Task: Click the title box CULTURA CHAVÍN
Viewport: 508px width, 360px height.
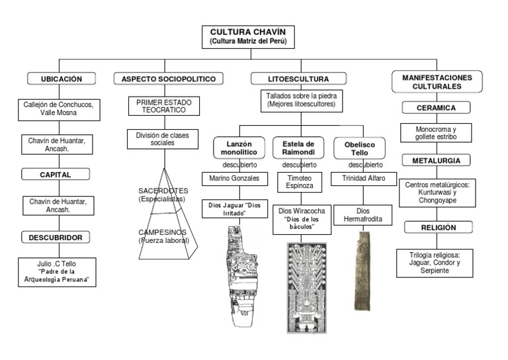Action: click(247, 36)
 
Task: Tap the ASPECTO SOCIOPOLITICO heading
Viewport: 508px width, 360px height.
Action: click(169, 79)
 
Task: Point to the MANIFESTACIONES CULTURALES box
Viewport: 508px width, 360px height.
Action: click(437, 82)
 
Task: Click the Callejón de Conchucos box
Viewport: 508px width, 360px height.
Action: click(60, 109)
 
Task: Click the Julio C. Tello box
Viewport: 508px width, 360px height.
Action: click(58, 271)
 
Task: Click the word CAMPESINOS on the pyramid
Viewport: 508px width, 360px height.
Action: click(163, 232)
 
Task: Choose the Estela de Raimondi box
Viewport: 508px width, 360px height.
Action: click(298, 148)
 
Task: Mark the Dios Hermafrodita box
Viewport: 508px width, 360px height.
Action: click(359, 214)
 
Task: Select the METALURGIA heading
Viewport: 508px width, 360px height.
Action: click(436, 161)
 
